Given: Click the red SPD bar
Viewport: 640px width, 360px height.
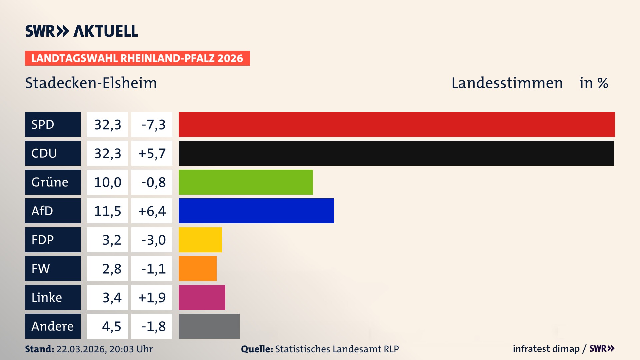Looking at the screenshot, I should click(x=397, y=124).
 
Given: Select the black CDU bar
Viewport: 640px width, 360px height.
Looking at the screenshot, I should click(x=396, y=153).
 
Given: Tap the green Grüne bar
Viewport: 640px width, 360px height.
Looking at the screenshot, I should click(x=246, y=182).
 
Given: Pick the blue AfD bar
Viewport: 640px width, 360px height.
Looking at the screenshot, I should click(x=256, y=211).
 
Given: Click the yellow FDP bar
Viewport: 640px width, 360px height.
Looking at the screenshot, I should click(x=200, y=240).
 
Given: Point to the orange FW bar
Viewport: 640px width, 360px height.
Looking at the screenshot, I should click(x=197, y=268).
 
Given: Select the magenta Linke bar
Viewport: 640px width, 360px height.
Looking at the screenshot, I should click(x=202, y=297).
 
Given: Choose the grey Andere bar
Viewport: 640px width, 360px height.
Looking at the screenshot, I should click(x=209, y=326).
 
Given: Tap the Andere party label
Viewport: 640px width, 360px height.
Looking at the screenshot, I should click(x=53, y=326).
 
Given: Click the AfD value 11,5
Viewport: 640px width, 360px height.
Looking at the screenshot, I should click(x=107, y=211).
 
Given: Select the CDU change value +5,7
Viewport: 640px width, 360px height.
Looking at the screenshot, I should click(x=152, y=153).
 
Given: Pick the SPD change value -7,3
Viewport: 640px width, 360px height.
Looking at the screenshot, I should click(x=152, y=124).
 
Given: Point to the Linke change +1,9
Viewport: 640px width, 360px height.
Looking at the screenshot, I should click(x=152, y=297).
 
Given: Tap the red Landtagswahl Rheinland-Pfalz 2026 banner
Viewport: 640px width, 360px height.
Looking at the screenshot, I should click(x=137, y=58).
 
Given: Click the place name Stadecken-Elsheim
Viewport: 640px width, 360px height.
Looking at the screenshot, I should click(x=91, y=83).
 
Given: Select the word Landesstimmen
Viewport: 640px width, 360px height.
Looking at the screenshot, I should click(x=507, y=83).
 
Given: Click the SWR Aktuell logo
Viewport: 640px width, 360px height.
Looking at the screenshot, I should click(x=81, y=31).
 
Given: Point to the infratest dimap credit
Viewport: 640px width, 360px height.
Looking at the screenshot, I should click(x=546, y=349).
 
